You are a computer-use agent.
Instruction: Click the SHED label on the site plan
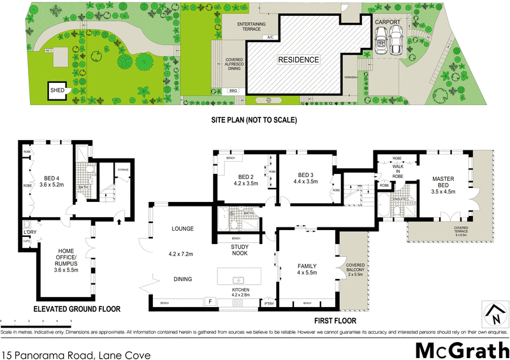tap(57, 90)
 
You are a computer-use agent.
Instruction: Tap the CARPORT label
tap(387, 22)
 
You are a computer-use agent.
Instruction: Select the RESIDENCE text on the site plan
tap(298, 59)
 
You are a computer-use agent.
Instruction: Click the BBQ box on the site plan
tap(233, 91)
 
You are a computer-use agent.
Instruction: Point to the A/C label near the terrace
tap(270, 38)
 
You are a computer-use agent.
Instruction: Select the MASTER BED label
tap(442, 182)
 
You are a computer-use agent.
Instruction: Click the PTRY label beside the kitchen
tap(269, 303)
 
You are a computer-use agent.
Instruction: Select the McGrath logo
tap(462, 349)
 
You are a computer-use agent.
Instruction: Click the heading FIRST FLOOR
tap(335, 320)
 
